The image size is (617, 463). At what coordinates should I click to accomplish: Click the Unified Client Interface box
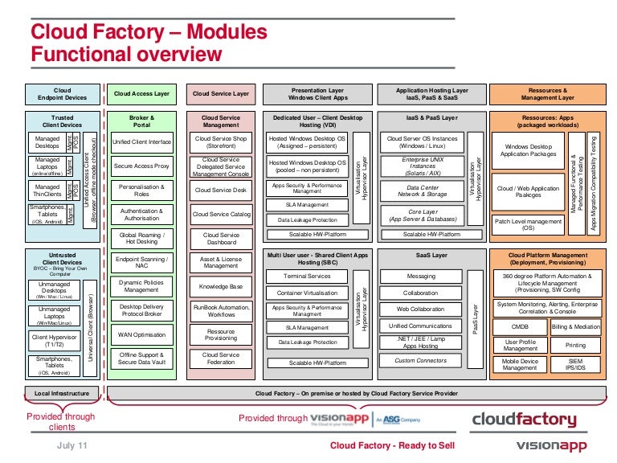(141, 142)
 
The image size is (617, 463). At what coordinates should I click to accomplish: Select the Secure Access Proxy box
(141, 166)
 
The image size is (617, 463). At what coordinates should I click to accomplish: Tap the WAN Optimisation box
(141, 334)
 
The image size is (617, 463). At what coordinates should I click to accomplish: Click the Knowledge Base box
(221, 286)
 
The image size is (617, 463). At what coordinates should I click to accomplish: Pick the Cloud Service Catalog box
(221, 215)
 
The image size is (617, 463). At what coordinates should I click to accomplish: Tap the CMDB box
(520, 327)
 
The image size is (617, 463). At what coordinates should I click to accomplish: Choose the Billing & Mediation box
(575, 327)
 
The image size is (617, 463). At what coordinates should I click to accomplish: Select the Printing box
(575, 346)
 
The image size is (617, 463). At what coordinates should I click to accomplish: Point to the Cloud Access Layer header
(141, 94)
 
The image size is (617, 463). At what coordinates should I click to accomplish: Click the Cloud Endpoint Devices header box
(62, 94)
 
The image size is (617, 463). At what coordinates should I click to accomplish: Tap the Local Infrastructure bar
(62, 394)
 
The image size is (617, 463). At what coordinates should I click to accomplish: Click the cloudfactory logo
(523, 419)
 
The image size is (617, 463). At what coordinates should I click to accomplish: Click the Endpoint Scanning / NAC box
(141, 263)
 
